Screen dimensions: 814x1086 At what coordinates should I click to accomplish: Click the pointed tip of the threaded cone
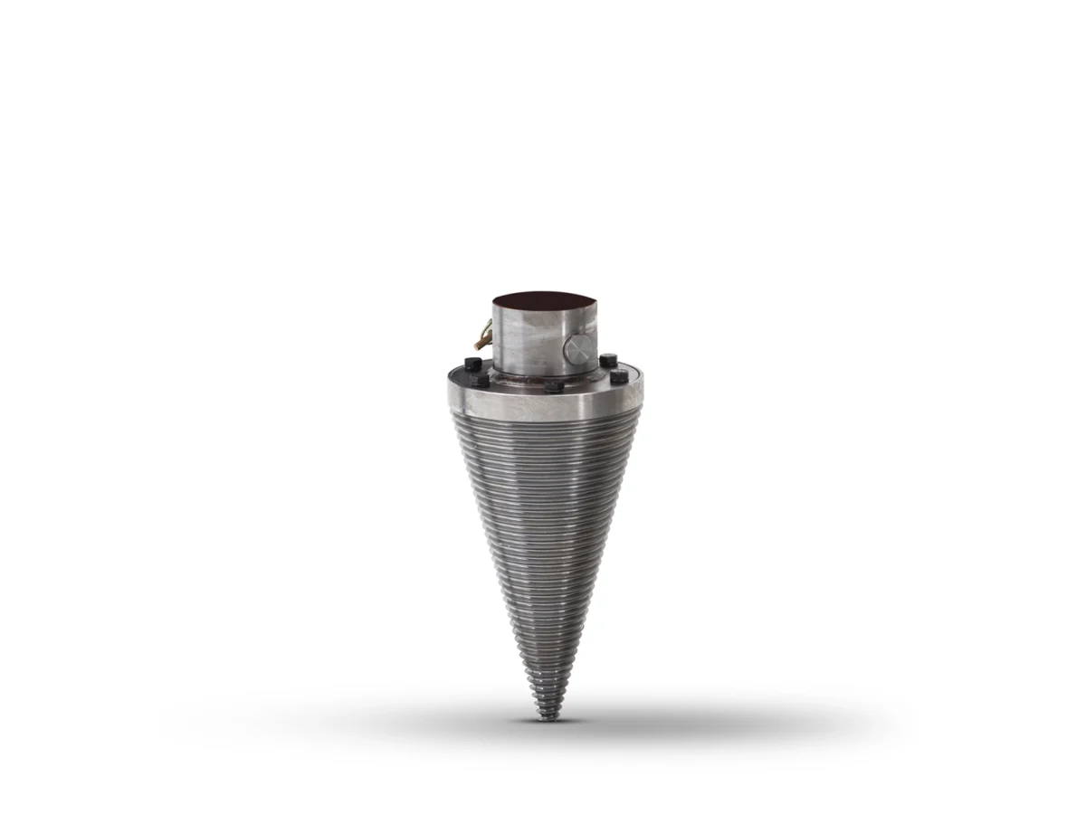[544, 719]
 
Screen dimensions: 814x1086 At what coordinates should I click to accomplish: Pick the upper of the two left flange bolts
[472, 364]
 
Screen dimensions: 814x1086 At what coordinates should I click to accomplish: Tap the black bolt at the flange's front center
[554, 386]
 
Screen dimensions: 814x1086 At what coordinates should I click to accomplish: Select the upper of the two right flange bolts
[608, 360]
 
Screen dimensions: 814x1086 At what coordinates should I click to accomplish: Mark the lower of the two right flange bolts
[619, 376]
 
